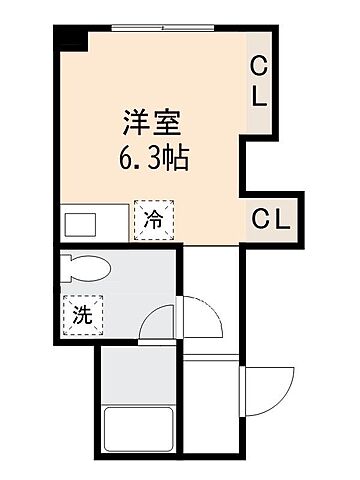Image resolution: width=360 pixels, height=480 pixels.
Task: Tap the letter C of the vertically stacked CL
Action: click(x=258, y=67)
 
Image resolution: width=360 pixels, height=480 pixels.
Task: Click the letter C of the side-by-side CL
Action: click(x=260, y=219)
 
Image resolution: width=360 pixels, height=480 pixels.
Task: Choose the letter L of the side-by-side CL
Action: click(x=282, y=219)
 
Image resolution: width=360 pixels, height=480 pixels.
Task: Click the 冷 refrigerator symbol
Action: click(x=153, y=219)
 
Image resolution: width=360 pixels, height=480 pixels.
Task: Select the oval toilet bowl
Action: click(x=90, y=267)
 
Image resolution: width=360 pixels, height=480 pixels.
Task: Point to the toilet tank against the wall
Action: click(x=66, y=267)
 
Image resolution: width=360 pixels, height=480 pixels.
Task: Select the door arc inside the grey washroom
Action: click(x=158, y=324)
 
